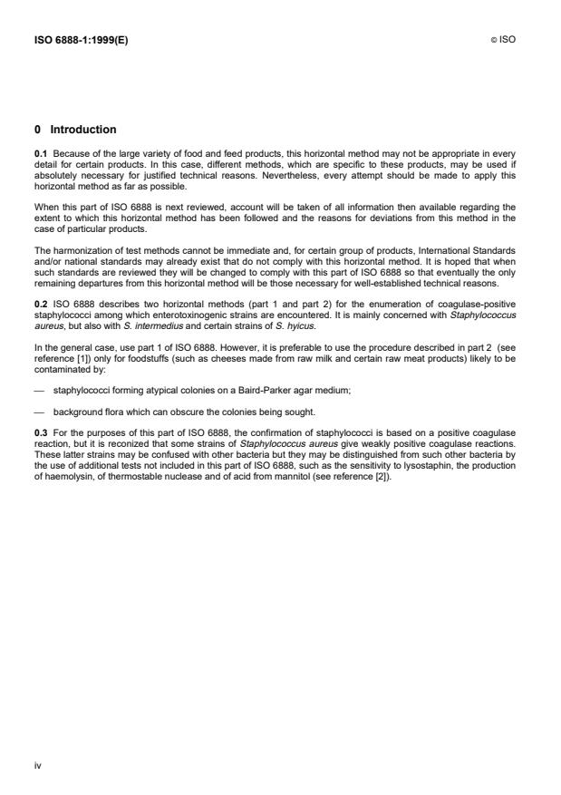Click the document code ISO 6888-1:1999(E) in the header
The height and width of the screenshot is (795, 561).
(81, 40)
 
